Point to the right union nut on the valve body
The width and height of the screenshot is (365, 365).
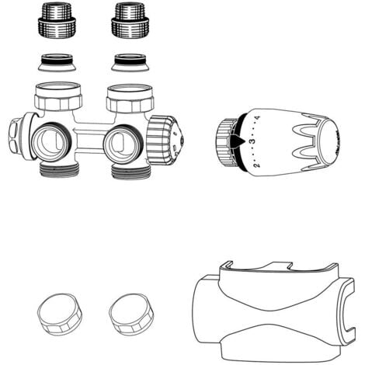click(129, 96)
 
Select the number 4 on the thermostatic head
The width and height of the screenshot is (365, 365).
click(256, 120)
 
